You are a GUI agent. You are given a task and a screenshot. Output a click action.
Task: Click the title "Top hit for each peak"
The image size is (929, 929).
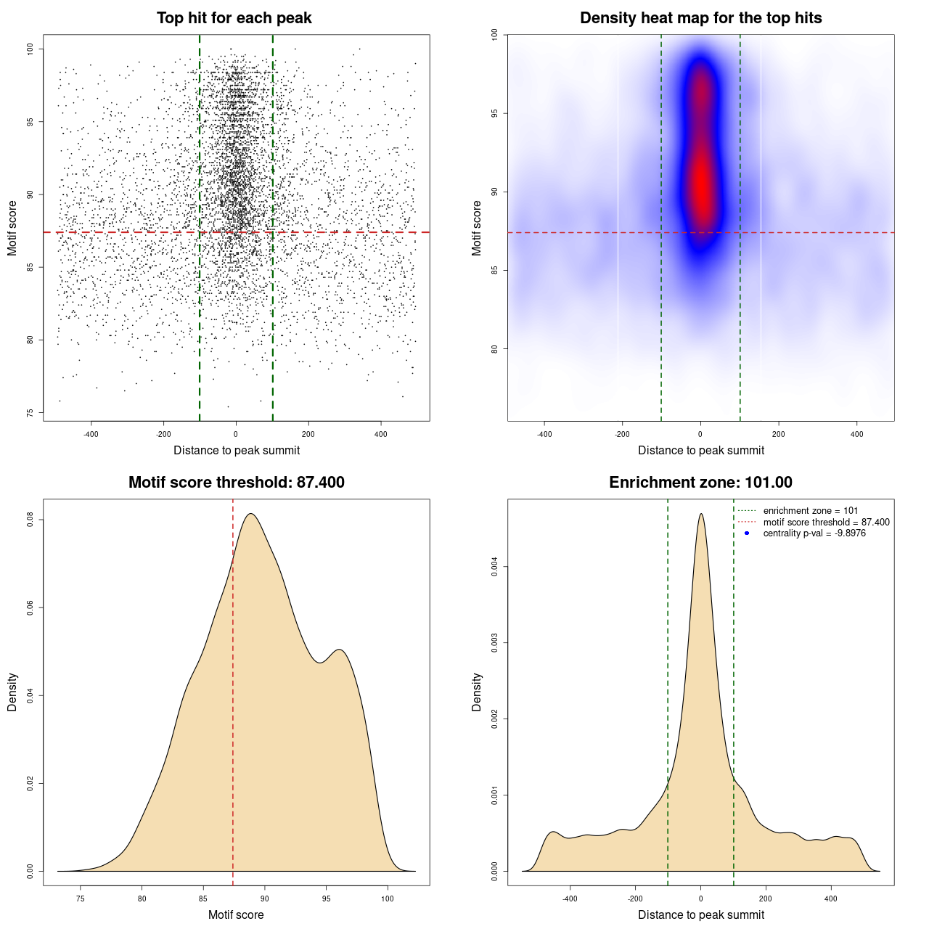(x=234, y=18)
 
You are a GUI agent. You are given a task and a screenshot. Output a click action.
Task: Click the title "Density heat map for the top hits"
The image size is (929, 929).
(x=700, y=18)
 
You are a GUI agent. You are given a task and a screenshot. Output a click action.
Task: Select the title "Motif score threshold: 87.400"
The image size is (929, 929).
(x=236, y=483)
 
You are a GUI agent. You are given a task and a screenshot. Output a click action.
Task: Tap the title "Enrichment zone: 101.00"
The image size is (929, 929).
(x=700, y=483)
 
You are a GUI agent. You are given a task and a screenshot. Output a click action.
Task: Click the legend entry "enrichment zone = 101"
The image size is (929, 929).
(x=810, y=511)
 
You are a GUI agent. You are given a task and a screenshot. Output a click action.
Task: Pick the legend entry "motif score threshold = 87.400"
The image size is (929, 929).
(x=826, y=523)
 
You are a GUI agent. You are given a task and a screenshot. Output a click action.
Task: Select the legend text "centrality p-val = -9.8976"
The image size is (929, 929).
(x=814, y=533)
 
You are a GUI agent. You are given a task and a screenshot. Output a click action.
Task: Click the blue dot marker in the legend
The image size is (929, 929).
(x=747, y=533)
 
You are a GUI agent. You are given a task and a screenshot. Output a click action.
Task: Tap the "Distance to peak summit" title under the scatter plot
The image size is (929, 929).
(x=237, y=451)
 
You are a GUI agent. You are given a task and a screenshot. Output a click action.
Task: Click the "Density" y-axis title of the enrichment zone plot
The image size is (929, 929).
(x=477, y=692)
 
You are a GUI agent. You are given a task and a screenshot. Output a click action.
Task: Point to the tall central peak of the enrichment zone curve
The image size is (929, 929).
(x=700, y=515)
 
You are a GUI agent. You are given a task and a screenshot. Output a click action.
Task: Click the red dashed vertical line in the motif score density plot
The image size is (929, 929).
(x=233, y=689)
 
